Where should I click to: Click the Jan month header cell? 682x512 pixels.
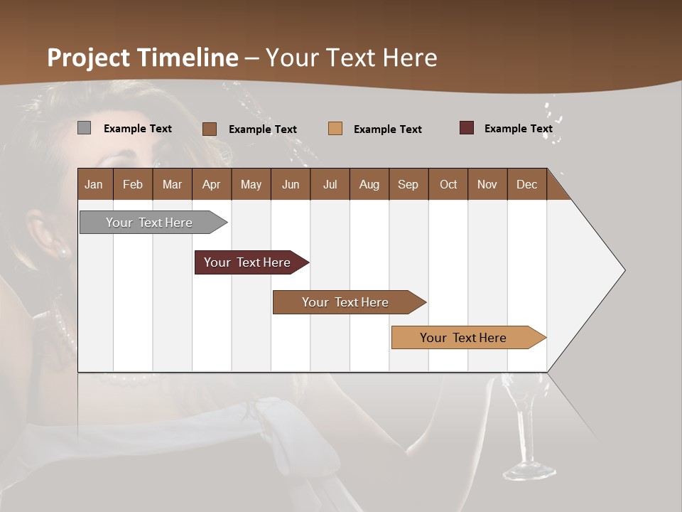pos(94,184)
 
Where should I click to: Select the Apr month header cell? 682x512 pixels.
pos(211,184)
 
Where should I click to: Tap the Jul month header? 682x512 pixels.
pos(330,184)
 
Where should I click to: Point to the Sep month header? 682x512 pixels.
pos(408,184)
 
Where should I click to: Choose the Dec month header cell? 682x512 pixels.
pos(526,184)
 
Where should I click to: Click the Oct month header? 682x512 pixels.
pos(448,184)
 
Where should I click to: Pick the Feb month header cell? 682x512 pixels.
pos(133,184)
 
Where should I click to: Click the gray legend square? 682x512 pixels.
pos(85,128)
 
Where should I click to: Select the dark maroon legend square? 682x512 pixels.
pos(466,128)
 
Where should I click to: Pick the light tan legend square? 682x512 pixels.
pos(335,128)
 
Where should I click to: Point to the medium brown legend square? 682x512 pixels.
pos(210,129)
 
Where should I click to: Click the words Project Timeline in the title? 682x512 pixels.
pos(142,58)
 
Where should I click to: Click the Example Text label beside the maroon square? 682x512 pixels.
pos(518,129)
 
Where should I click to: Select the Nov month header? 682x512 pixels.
pos(487,184)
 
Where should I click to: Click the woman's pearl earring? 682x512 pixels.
pos(63,251)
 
